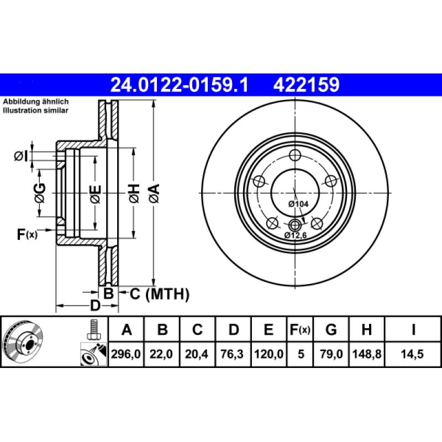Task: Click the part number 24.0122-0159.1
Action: pyautogui.click(x=180, y=85)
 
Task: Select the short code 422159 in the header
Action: pyautogui.click(x=305, y=85)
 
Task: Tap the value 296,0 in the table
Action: pyautogui.click(x=127, y=354)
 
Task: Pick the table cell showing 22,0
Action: pyautogui.click(x=162, y=354)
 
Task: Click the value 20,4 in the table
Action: pyautogui.click(x=197, y=354)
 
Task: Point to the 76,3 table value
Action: pyautogui.click(x=233, y=354)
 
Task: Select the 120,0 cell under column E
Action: pyautogui.click(x=268, y=354)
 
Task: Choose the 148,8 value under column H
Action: pyautogui.click(x=366, y=354)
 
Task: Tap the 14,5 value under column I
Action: pyautogui.click(x=413, y=354)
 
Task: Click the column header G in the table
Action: pyautogui.click(x=331, y=330)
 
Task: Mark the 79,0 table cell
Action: pyautogui.click(x=331, y=354)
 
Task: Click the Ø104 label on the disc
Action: pyautogui.click(x=298, y=204)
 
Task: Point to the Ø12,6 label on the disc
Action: pyautogui.click(x=296, y=235)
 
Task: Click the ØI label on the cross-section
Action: pyautogui.click(x=20, y=156)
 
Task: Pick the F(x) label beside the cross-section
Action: pyautogui.click(x=27, y=235)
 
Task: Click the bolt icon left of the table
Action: pyautogui.click(x=93, y=330)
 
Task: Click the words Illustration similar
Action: pyautogui.click(x=35, y=110)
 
